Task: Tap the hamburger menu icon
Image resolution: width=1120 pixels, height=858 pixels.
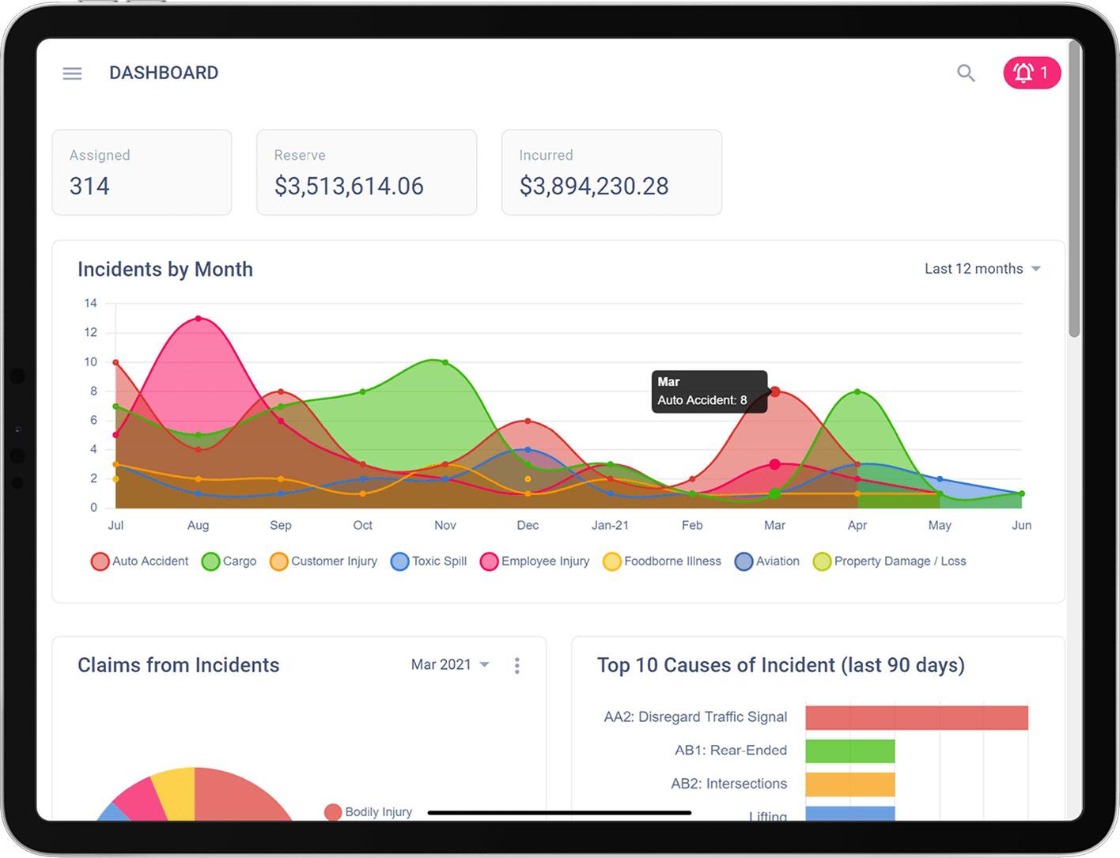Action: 72,74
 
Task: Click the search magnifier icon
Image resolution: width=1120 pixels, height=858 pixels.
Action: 965,74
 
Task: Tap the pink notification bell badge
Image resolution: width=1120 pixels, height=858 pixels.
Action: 1031,74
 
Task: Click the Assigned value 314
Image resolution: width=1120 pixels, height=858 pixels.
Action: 89,187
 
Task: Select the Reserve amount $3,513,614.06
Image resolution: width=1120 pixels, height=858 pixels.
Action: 349,187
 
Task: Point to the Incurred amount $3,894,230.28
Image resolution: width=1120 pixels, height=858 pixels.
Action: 593,187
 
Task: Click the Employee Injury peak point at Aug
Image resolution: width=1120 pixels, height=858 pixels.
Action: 198,319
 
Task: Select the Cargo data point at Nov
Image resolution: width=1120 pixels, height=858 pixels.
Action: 445,363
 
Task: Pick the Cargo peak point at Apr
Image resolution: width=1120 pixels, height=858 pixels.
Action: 857,392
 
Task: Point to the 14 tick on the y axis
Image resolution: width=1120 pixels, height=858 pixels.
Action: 91,304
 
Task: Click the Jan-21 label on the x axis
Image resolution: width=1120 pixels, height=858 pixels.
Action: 610,525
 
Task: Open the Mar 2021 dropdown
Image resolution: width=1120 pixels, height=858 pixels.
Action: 449,665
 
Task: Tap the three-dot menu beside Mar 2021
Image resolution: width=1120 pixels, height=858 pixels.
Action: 516,666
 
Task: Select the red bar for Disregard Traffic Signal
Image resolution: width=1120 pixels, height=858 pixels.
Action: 916,717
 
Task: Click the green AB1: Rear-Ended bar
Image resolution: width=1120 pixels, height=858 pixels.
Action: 849,751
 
